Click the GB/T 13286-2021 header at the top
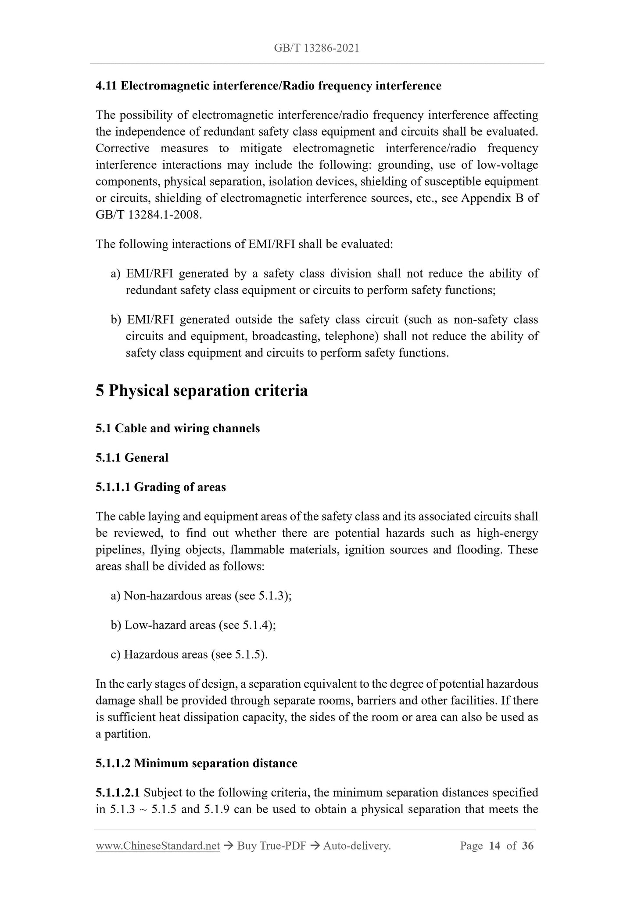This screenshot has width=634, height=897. point(316,48)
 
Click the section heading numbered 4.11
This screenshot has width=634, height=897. point(268,86)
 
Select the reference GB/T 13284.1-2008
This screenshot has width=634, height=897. point(148,215)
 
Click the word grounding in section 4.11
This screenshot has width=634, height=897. point(398,165)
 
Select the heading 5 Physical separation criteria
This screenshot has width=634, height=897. point(201,391)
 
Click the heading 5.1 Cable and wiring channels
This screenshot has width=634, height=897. point(178,428)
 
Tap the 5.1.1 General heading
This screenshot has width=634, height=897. point(132,458)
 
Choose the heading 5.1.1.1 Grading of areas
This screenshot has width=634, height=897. point(161,487)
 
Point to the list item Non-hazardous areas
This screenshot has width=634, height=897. point(201,596)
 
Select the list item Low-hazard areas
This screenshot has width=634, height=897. point(193,625)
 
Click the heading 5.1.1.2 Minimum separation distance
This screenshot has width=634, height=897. point(196,764)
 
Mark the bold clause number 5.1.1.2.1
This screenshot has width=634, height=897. point(118,793)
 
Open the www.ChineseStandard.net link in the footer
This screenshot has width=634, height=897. point(158,846)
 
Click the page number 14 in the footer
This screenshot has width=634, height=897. point(494,846)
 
